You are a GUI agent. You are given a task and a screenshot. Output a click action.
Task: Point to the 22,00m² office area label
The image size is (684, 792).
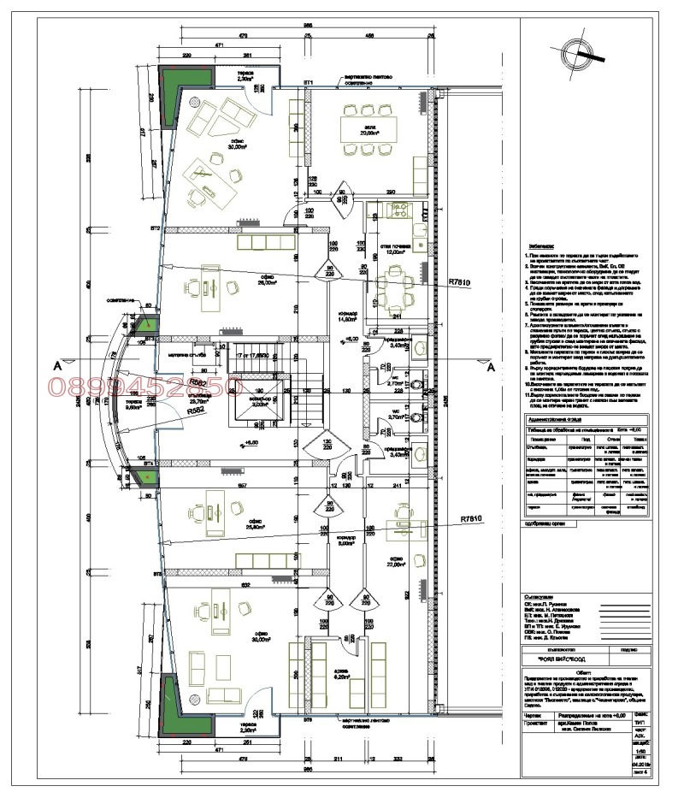395,564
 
